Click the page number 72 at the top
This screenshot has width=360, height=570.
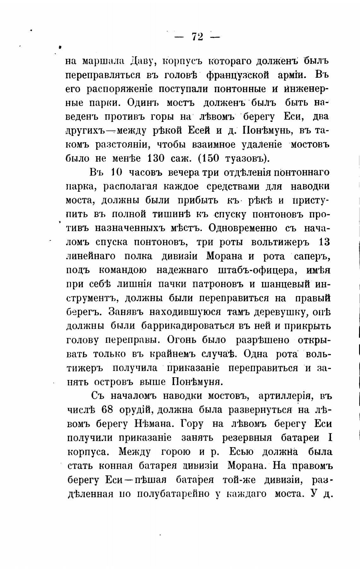click(x=197, y=37)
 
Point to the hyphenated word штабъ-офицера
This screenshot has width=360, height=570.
click(x=258, y=270)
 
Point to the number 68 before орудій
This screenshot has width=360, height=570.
click(x=107, y=410)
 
